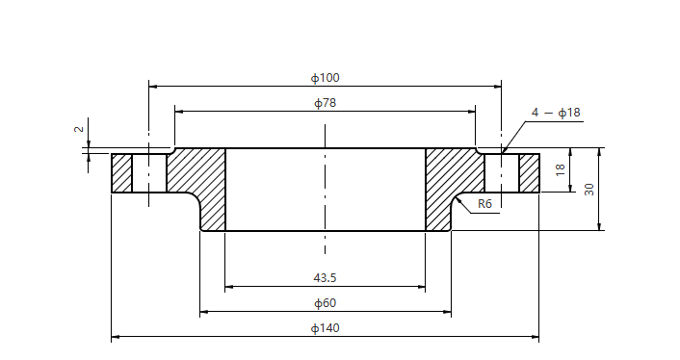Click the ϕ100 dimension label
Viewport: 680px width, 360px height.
coord(325,77)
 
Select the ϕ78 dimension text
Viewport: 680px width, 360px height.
coord(325,102)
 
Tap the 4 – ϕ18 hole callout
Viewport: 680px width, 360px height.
coord(556,113)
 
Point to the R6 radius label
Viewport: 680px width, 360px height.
coord(484,204)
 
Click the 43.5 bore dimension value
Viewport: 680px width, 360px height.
coord(325,277)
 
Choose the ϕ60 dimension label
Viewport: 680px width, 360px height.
coord(325,303)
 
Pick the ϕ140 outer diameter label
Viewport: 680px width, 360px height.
coord(325,328)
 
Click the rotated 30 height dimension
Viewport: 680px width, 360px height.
coord(588,190)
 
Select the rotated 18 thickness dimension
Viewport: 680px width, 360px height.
coord(560,170)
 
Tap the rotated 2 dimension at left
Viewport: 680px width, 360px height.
coord(80,129)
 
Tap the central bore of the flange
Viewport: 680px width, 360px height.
coord(326,190)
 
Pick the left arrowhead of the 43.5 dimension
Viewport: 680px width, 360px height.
coord(229,287)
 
